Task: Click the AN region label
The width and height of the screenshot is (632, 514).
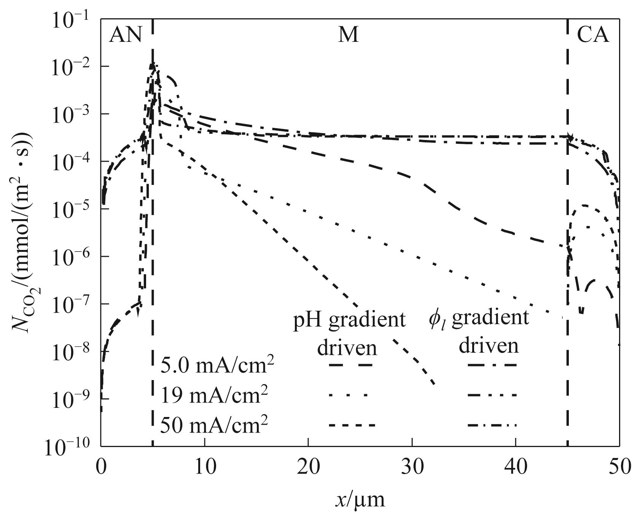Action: [126, 35]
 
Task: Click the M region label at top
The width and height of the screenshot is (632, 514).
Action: [348, 35]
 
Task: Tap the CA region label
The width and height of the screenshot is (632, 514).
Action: [593, 35]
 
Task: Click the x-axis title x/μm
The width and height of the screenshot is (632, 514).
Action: [360, 499]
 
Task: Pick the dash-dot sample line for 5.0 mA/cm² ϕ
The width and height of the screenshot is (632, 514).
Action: [492, 366]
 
